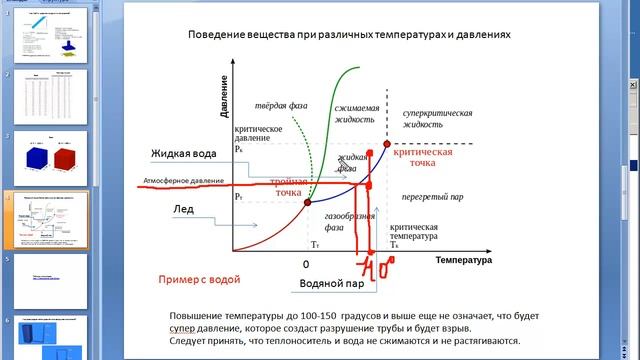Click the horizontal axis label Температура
[463, 260]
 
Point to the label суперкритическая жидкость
[437, 119]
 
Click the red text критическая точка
[422, 158]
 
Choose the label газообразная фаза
[349, 222]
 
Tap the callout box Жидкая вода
[184, 153]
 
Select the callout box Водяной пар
[331, 284]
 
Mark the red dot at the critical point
[387, 146]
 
